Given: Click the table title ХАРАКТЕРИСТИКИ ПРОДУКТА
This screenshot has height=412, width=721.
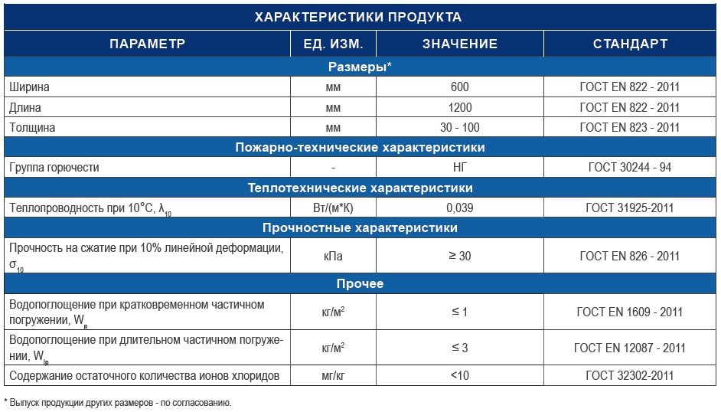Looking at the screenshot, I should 360,16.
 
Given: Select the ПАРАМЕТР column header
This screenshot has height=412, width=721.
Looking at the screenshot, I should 147,44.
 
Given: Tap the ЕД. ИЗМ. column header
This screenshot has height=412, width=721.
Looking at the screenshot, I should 332,44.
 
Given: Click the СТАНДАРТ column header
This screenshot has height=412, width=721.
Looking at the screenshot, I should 630,44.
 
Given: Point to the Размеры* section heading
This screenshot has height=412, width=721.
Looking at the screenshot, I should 360,67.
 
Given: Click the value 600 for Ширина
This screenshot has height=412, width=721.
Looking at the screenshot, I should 459,87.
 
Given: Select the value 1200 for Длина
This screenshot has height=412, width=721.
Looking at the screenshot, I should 459,107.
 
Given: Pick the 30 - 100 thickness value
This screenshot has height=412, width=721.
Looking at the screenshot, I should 459,127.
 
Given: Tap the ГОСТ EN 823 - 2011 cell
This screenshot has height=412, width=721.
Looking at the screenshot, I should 630,127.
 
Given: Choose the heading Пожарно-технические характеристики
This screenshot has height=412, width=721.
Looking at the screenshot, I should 360,147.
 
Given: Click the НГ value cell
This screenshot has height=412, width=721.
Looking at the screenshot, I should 459,167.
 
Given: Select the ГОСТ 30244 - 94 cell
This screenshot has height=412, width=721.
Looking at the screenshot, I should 630,167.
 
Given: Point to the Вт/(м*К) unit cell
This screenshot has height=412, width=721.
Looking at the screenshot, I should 332,208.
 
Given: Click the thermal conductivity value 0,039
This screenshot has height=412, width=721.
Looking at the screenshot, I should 459,208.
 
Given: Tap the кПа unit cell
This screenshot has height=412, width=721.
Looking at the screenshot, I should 332,256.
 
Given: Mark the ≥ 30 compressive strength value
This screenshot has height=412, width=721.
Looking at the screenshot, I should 459,256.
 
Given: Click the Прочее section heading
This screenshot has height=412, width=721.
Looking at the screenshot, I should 360,284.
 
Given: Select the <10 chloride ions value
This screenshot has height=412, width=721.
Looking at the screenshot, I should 459,375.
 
